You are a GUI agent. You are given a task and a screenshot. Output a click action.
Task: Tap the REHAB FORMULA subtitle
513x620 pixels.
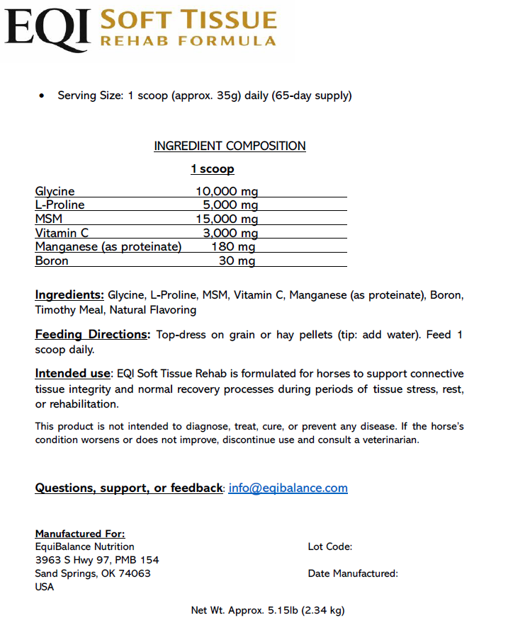coord(188,41)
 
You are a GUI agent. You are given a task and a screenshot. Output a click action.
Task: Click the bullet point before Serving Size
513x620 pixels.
coord(43,96)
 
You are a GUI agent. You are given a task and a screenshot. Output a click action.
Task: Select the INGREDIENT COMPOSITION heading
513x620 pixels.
coord(230,147)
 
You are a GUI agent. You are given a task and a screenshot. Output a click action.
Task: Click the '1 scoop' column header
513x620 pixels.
coord(212,169)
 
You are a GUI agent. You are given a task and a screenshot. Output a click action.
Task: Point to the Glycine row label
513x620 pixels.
coord(55,191)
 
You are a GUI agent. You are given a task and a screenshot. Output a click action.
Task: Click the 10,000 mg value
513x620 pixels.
coord(227,191)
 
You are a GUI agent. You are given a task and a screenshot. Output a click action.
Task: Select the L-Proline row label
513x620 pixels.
coord(60,205)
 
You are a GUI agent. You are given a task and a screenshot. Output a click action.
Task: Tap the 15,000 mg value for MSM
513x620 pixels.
coord(227,219)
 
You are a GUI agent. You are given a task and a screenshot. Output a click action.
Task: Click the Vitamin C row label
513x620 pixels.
coord(62,233)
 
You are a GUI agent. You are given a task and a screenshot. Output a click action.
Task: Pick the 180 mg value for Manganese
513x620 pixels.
coord(233,247)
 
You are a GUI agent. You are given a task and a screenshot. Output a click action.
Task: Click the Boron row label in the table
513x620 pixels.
coord(52,261)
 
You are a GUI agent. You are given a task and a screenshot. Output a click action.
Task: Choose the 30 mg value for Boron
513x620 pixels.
coord(237,261)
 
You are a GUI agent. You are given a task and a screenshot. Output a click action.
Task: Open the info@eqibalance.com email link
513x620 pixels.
coord(288,488)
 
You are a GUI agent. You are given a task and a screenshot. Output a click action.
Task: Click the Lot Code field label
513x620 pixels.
coord(329,546)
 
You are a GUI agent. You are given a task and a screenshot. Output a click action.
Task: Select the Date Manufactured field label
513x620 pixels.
coord(353,573)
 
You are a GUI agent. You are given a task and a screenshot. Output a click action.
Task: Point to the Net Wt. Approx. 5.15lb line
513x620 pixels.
coord(267,609)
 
